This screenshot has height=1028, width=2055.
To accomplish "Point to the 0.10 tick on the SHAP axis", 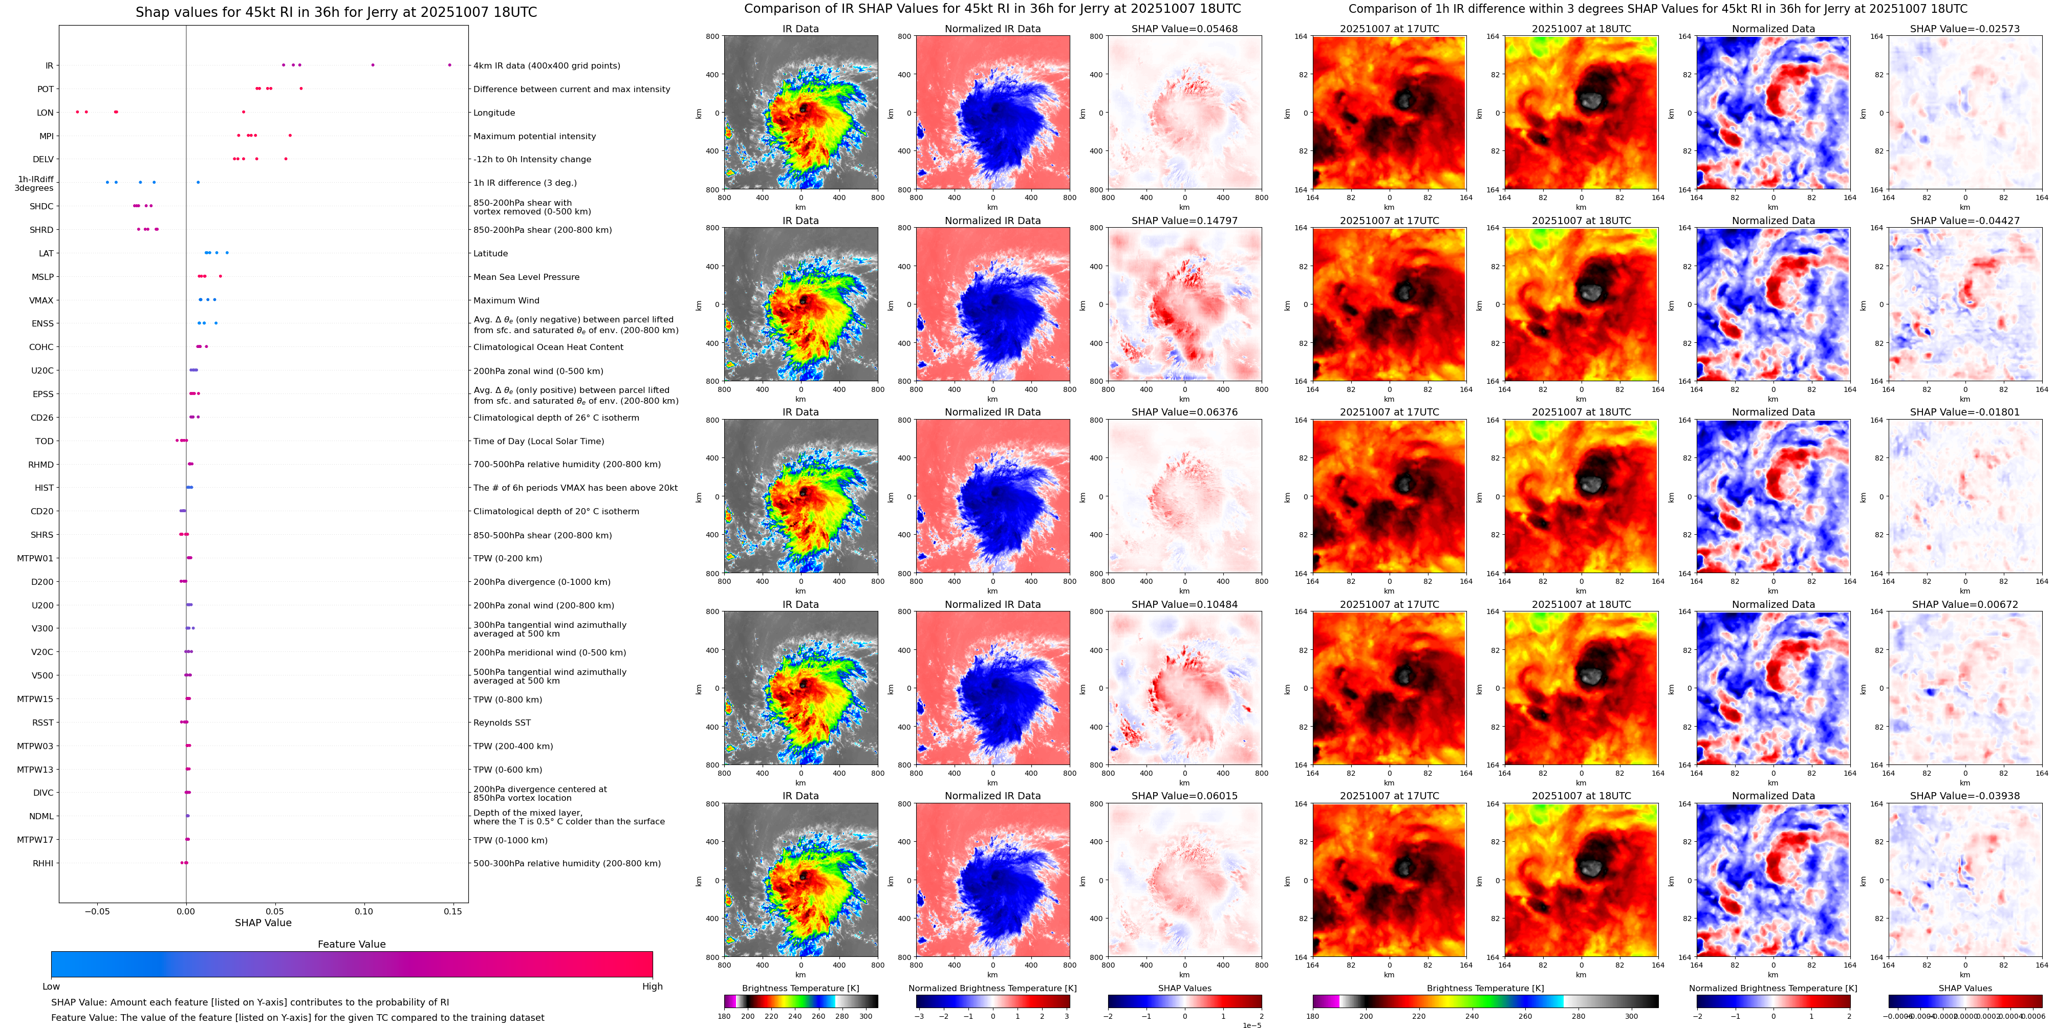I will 364,911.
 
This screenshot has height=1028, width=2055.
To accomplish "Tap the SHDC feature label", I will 41,207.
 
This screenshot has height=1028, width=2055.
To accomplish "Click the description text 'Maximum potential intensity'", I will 534,137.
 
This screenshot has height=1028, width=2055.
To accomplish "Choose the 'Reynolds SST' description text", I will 501,723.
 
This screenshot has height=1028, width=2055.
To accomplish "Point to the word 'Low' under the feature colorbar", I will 51,987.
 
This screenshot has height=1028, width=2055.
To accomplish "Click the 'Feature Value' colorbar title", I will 351,944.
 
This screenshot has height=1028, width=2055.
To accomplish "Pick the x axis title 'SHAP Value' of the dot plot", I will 263,923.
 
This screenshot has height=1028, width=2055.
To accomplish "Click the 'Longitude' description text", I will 494,113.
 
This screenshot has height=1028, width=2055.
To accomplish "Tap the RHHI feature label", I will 43,863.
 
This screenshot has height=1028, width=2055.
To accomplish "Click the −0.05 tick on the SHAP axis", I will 97,911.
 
